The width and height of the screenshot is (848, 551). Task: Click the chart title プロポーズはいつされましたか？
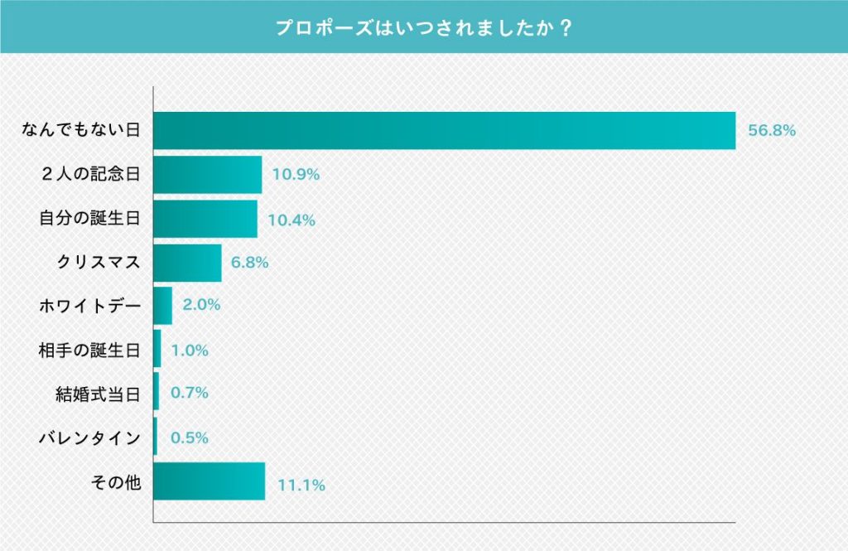point(424,27)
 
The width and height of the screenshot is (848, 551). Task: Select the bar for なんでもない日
point(445,130)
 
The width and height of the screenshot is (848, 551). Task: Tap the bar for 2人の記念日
point(208,175)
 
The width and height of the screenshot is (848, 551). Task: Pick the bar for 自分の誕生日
point(205,220)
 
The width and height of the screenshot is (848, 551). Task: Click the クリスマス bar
point(188,263)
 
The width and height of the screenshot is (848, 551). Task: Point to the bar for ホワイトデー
point(163,306)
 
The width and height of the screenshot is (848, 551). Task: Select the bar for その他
point(210,481)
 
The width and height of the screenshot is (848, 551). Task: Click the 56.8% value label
point(772,131)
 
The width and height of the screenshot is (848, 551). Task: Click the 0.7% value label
point(189,393)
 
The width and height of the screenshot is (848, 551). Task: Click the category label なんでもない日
point(81,131)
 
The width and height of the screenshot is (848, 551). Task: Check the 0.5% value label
point(189,437)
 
